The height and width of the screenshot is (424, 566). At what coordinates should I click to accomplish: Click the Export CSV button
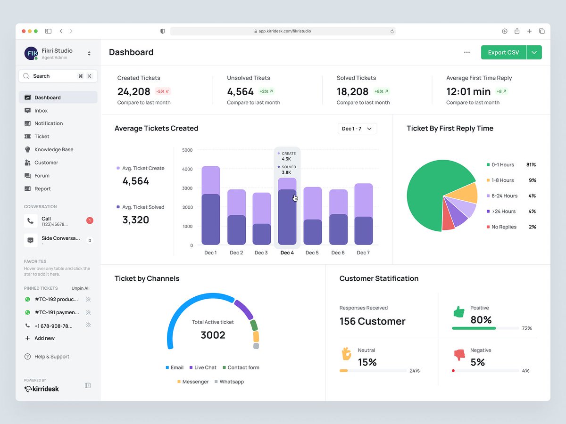503,52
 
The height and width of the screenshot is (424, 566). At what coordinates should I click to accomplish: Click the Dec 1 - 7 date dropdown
357,129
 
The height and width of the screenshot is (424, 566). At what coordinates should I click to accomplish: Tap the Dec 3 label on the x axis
261,253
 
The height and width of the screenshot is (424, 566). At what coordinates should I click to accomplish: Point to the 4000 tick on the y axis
187,169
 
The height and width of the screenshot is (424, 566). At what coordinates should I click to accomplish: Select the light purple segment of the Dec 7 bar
364,200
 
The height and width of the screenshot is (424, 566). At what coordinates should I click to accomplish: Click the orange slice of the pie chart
464,193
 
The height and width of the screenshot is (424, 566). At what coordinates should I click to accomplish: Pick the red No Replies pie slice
448,219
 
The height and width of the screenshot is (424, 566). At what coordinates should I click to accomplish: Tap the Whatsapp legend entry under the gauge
229,382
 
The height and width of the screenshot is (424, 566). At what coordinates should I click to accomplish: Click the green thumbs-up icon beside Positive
459,312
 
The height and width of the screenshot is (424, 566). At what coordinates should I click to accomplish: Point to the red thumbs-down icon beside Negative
459,355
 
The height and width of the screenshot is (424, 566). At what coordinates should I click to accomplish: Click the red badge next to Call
90,220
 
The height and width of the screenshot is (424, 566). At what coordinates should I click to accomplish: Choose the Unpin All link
81,288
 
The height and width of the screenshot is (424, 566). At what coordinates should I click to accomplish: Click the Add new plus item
40,338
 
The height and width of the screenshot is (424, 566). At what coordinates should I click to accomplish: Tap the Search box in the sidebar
58,76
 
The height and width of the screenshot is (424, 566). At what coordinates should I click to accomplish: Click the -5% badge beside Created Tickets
163,91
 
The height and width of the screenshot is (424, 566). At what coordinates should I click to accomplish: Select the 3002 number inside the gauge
213,335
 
